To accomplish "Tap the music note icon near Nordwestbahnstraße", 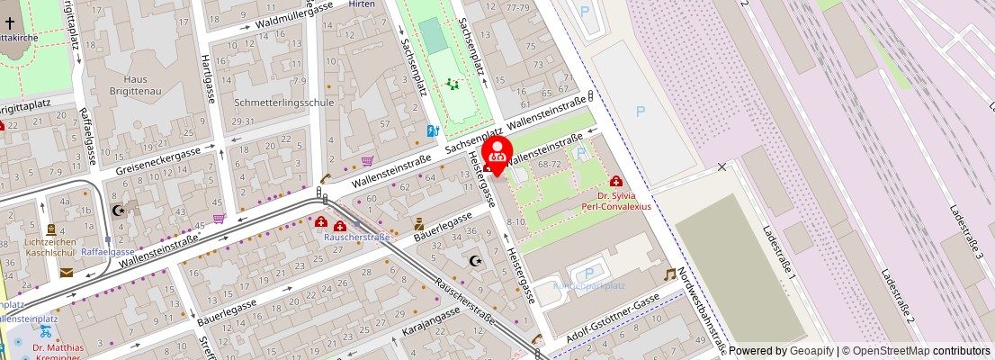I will coord(669,274).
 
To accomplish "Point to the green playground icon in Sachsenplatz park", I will coord(453,85).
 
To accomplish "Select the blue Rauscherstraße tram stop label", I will coord(357,237).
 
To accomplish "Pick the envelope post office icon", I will coord(67,273).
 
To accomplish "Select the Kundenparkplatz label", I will coord(589,285).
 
